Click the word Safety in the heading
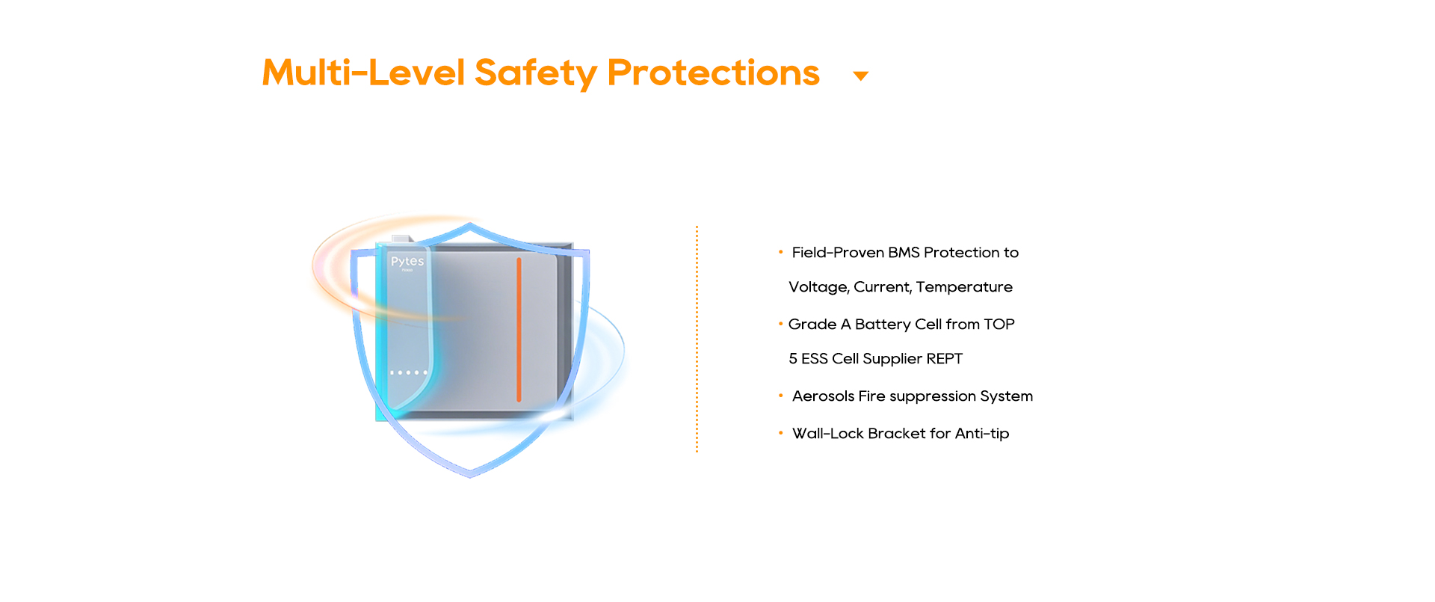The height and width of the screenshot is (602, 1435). pos(535,73)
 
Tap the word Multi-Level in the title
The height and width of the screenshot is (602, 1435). pos(363,73)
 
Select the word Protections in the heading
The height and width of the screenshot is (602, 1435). pos(713,73)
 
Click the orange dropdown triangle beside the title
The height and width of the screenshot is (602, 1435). pos(861,76)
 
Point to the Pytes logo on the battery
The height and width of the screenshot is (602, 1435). pos(407,261)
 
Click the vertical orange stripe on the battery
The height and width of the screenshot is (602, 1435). pos(519,329)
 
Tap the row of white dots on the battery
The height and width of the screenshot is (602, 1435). pos(409,372)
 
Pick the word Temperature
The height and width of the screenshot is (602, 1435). pos(964,287)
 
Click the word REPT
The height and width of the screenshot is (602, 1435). pos(944,359)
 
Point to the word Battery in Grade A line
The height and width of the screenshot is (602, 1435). pos(882,325)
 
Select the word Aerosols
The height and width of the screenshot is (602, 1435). pos(823,396)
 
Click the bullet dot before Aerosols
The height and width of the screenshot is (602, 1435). pos(780,396)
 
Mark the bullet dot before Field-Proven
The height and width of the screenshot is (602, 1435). pos(780,252)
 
